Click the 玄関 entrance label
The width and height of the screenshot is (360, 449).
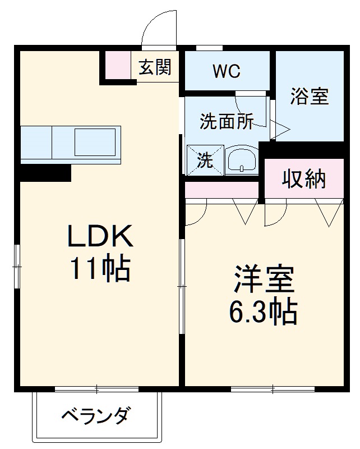pyautogui.click(x=155, y=68)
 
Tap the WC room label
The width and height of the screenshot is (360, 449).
pyautogui.click(x=227, y=71)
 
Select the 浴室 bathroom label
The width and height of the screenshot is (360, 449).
pyautogui.click(x=309, y=97)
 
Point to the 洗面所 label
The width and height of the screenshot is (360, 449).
pyautogui.click(x=227, y=121)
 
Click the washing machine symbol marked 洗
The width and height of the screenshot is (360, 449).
pyautogui.click(x=205, y=161)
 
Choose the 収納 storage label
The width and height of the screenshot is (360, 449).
pyautogui.click(x=303, y=179)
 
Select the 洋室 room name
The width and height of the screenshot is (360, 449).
pyautogui.click(x=262, y=281)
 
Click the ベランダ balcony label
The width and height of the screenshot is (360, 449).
pyautogui.click(x=96, y=416)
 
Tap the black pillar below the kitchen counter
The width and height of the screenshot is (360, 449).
pyautogui.click(x=45, y=172)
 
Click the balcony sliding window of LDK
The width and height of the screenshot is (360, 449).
pyautogui.click(x=96, y=388)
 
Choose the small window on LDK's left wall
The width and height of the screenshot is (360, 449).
pyautogui.click(x=17, y=265)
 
